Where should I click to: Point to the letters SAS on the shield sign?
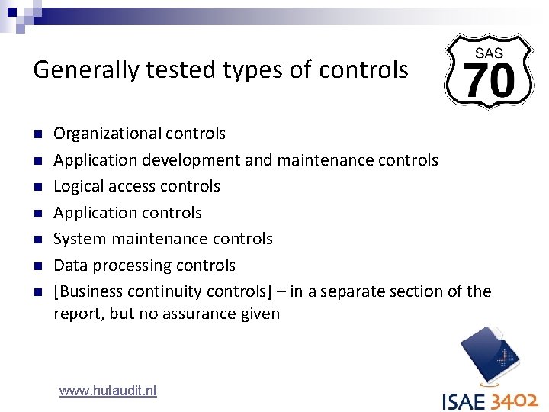489,53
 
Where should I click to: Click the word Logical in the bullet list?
78,186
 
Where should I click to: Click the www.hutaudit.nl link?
108,391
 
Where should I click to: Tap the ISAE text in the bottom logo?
465,401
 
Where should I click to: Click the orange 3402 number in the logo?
515,401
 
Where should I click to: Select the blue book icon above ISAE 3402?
490,356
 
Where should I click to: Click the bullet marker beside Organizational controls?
37,134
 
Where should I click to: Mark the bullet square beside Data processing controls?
37,266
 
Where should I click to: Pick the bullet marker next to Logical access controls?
37,187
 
